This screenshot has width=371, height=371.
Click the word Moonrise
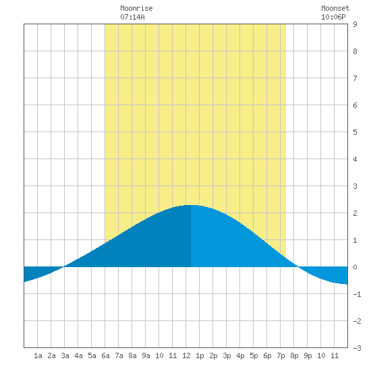tap(136, 8)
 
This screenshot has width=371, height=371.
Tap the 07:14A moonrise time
tap(132, 17)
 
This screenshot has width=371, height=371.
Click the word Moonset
tap(335, 8)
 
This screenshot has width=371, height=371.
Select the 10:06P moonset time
tap(333, 17)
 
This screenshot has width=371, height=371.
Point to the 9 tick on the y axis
tap(355, 24)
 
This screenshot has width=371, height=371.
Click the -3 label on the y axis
tap(357, 348)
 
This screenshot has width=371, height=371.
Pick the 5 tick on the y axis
tap(355, 132)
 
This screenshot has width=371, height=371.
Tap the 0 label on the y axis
tap(355, 267)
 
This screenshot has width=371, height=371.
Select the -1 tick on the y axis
tap(357, 294)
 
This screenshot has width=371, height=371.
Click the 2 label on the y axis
tap(355, 213)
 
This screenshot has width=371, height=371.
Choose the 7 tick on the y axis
tap(355, 78)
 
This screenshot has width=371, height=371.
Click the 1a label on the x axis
tap(38, 355)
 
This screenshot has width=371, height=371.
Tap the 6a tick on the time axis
tap(105, 355)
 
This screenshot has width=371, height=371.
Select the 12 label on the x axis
tap(186, 355)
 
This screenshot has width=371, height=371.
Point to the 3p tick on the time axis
tap(227, 355)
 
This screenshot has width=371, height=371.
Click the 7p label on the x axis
tap(281, 355)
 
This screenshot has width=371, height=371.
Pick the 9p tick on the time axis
tap(308, 355)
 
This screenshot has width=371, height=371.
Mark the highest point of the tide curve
tap(191, 205)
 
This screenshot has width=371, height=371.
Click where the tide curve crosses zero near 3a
tap(64, 267)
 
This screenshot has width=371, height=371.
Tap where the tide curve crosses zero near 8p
tap(298, 267)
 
